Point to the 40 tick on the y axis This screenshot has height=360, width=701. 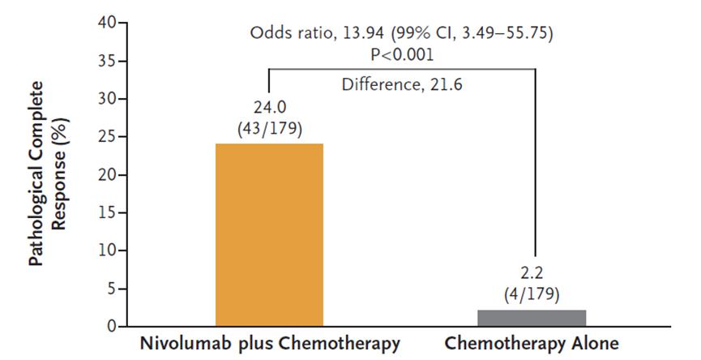(x=110, y=23)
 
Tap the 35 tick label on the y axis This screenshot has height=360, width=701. (x=110, y=61)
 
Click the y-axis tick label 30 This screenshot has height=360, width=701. (x=110, y=99)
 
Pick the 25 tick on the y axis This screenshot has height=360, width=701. (x=110, y=137)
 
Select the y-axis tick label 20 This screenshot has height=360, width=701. (x=110, y=175)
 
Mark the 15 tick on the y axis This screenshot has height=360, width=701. (x=110, y=213)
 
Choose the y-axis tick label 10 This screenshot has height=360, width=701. (x=110, y=251)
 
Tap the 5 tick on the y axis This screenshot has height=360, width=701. (x=114, y=289)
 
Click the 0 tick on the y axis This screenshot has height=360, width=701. (x=114, y=327)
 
